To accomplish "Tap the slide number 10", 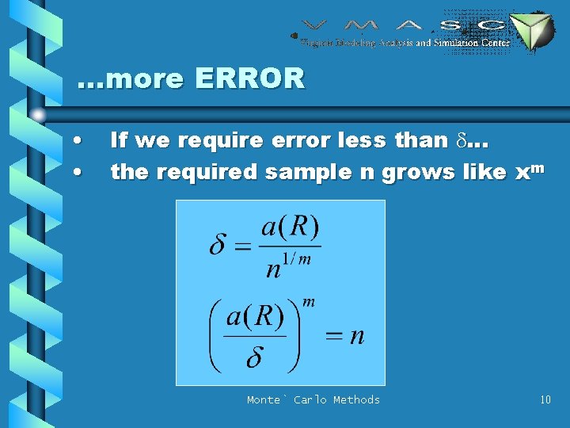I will pyautogui.click(x=545, y=399).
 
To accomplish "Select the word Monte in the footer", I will pyautogui.click(x=264, y=399).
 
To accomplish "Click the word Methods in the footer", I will pyautogui.click(x=356, y=399).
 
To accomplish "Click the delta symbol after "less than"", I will pyautogui.click(x=463, y=141).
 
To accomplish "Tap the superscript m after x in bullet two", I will pyautogui.click(x=536, y=164).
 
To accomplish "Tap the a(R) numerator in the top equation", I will pyautogui.click(x=291, y=228).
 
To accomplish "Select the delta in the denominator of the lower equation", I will pyautogui.click(x=254, y=358).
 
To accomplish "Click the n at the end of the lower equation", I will pyautogui.click(x=357, y=335).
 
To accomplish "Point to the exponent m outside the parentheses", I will pyautogui.click(x=310, y=302).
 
